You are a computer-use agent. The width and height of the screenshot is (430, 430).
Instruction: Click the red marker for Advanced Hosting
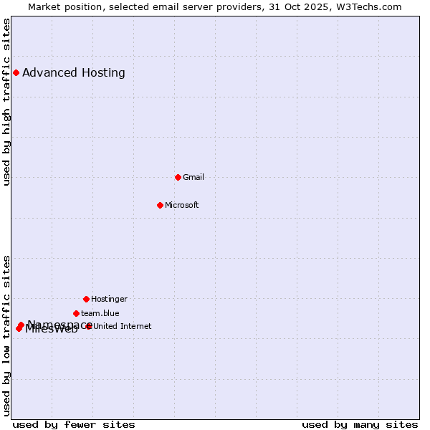click(16, 72)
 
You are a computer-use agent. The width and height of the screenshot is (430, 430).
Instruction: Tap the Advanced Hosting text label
click(74, 72)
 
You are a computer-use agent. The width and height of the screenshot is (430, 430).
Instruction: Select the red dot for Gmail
click(178, 177)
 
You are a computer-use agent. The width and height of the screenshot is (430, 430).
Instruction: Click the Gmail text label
click(193, 177)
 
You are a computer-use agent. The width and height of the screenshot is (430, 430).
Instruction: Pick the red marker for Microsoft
click(160, 205)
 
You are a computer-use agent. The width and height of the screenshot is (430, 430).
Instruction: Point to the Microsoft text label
click(182, 205)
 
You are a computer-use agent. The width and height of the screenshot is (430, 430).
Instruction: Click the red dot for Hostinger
click(86, 299)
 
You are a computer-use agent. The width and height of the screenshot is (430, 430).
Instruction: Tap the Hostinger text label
click(109, 299)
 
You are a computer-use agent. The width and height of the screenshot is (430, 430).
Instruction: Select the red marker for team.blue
click(76, 313)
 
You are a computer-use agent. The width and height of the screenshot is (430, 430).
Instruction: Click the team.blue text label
click(100, 313)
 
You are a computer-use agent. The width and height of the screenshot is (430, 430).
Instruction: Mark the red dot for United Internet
click(89, 326)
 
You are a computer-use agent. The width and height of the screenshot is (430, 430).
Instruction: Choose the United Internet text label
click(123, 326)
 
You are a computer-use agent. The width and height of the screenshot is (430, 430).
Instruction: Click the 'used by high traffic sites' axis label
click(6, 102)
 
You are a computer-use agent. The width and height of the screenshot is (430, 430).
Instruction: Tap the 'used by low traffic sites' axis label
click(6, 335)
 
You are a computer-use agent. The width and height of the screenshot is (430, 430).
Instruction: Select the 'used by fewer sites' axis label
click(74, 424)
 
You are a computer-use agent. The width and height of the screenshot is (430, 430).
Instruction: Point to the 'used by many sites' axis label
click(360, 424)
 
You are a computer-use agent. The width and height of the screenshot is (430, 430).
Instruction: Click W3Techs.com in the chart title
click(370, 6)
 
